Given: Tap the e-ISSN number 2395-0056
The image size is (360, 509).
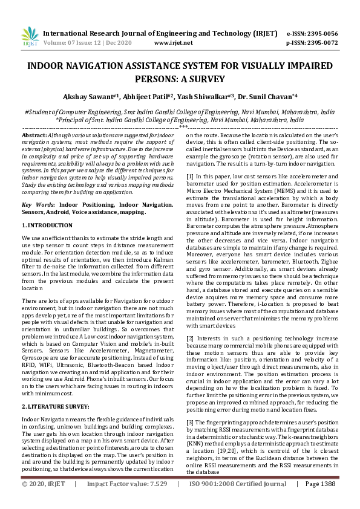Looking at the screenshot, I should tap(322, 34).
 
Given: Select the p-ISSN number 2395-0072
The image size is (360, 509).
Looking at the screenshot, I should tap(322, 44).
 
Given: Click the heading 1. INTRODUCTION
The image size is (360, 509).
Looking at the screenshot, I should tap(47, 225).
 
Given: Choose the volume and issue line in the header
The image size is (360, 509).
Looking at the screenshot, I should tap(87, 44).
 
